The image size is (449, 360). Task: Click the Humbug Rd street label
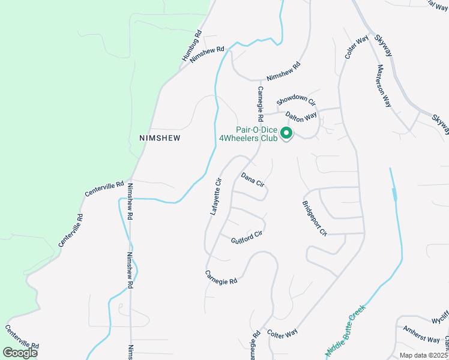coord(192,46)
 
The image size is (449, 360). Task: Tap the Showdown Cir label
coord(295,101)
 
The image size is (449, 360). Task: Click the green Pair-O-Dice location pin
coord(286,133)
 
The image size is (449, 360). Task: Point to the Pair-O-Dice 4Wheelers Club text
coord(248,134)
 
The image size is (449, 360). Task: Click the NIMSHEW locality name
coord(160,137)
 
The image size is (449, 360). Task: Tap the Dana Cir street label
coord(253,179)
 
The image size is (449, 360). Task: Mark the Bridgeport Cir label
coord(314,218)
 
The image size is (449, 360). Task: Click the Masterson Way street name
coord(384,86)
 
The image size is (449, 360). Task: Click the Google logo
coord(20,352)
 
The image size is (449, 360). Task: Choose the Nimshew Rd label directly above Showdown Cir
coord(283,73)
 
